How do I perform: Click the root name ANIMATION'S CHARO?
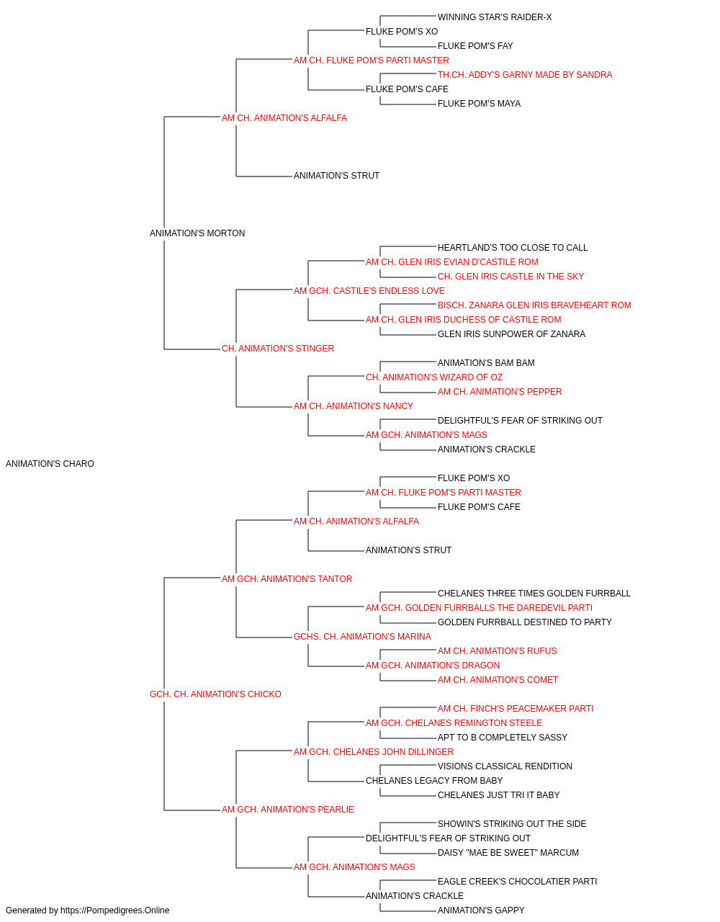pos(50,464)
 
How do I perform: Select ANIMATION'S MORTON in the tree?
pos(197,233)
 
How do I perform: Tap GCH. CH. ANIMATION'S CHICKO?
pos(215,694)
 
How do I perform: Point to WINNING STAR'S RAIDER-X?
pos(495,17)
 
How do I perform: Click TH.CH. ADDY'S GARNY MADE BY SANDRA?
pos(525,75)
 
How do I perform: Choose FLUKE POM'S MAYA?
pos(479,104)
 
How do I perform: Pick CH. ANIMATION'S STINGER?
pos(278,349)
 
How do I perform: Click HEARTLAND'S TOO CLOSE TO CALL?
pos(513,247)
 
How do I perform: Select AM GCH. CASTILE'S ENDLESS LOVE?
pos(369,290)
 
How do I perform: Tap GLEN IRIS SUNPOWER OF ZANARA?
pos(511,334)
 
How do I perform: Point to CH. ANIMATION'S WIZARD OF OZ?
pos(433,377)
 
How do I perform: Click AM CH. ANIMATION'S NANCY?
pos(354,406)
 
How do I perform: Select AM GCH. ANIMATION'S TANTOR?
pos(287,578)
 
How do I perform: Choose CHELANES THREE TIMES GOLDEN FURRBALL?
pos(534,593)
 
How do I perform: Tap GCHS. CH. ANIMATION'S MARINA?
pos(362,637)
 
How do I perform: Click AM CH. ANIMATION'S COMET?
pos(498,680)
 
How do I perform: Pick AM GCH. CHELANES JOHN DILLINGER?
pos(374,752)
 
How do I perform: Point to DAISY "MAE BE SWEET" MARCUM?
pos(508,852)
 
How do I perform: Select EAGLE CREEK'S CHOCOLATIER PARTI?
pos(517,881)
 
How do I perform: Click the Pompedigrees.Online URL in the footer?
pos(115,910)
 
